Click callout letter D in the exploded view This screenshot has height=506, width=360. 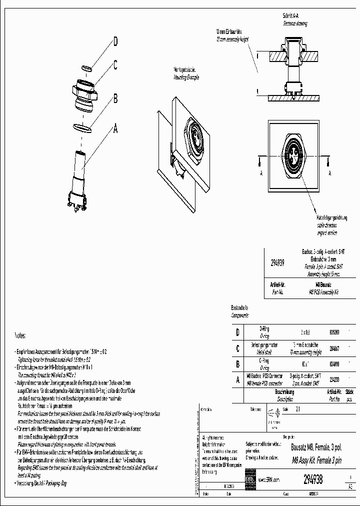[115, 42]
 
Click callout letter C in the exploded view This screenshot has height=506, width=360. [115, 64]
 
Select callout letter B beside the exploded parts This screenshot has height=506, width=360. [115, 98]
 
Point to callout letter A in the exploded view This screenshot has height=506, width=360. [115, 129]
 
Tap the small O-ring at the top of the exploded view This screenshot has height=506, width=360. [86, 67]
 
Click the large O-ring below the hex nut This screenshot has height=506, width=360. [82, 127]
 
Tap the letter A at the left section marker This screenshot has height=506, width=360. [261, 173]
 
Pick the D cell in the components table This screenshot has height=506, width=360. [237, 332]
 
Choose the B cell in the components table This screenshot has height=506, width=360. [237, 364]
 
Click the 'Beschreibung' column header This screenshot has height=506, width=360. [284, 393]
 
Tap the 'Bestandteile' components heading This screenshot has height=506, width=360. [239, 308]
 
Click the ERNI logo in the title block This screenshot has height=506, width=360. [249, 479]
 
